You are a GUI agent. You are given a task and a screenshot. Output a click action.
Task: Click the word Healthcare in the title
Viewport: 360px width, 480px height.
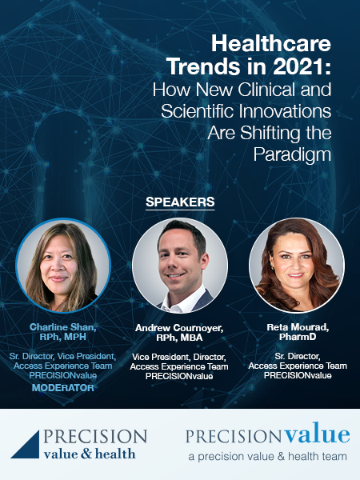tap(271, 44)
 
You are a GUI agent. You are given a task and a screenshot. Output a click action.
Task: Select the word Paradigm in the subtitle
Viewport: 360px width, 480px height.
tap(292, 155)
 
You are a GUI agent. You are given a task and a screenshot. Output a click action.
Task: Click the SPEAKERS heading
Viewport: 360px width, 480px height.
tap(180, 202)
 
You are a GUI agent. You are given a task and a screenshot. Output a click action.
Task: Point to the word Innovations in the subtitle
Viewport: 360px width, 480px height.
tap(286, 110)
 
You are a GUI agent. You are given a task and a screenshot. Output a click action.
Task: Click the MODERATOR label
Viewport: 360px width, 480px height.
tap(63, 388)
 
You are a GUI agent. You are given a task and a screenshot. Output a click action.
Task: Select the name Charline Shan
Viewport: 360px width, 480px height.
tap(62, 327)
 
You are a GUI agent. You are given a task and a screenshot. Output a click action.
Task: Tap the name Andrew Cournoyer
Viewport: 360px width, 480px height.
tap(179, 328)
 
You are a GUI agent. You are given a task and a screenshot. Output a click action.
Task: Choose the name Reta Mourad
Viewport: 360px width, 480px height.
tap(297, 327)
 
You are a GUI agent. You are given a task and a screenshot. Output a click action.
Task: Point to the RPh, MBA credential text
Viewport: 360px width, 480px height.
tap(179, 338)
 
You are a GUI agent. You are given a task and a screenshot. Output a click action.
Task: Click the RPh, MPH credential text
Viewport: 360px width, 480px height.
tap(62, 337)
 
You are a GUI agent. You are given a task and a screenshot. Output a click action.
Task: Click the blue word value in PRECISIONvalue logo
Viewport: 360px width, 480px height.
tap(317, 433)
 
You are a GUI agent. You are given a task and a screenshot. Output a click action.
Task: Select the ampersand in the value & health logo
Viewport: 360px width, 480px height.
tap(86, 454)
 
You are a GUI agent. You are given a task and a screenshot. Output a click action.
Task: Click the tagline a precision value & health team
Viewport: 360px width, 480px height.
tap(267, 457)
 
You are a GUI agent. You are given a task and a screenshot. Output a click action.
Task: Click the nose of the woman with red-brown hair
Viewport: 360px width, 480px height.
tap(296, 265)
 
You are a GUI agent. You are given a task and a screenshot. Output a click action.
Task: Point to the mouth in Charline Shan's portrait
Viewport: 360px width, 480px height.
tap(58, 278)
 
